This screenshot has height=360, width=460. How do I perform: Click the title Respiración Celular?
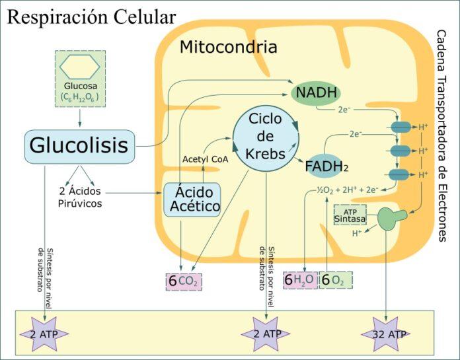[91, 17]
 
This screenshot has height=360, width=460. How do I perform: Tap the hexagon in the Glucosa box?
[80, 66]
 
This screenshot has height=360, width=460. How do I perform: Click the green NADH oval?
[317, 92]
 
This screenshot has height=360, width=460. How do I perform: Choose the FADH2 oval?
[326, 167]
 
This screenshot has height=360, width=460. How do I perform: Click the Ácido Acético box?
[194, 199]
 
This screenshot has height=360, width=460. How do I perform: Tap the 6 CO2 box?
[184, 281]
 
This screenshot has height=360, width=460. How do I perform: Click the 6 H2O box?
[300, 280]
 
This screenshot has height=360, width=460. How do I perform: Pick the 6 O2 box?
[336, 280]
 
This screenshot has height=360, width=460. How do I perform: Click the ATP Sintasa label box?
[350, 215]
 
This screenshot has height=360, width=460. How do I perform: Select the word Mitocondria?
[228, 48]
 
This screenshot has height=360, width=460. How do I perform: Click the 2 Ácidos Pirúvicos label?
[79, 198]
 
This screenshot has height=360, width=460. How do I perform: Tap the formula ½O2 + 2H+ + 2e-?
[347, 190]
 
